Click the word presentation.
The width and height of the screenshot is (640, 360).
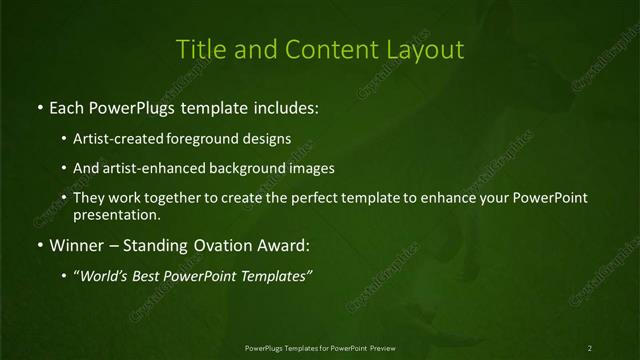116,214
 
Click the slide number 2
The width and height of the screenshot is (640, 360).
590,347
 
